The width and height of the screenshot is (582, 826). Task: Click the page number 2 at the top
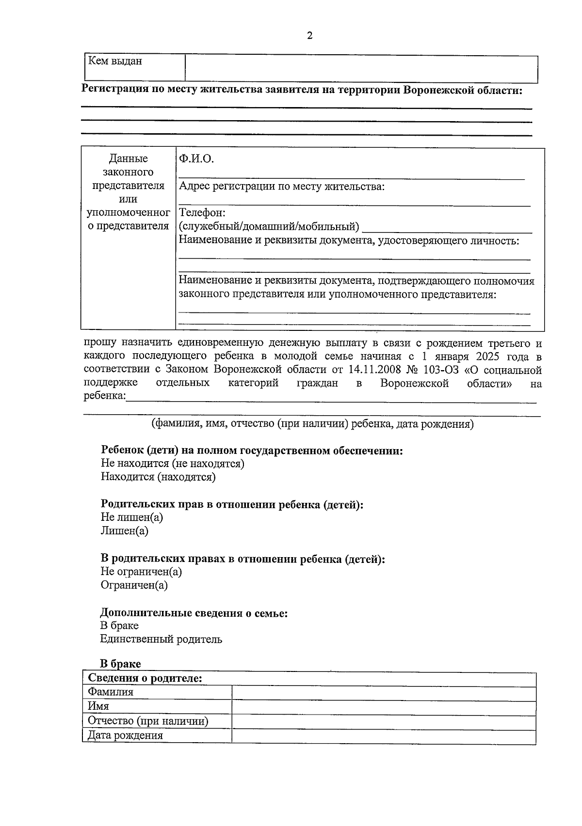click(x=309, y=36)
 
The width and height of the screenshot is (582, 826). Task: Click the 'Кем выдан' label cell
click(x=115, y=62)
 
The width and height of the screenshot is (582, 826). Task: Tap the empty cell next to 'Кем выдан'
click(x=361, y=68)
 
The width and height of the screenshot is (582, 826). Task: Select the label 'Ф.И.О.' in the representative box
click(x=196, y=159)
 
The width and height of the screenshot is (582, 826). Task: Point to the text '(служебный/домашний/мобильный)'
click(x=269, y=226)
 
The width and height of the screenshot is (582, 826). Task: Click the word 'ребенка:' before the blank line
click(x=104, y=396)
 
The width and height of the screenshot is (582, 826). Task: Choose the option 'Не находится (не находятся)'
click(x=172, y=464)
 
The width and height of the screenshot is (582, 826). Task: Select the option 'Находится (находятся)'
click(x=158, y=477)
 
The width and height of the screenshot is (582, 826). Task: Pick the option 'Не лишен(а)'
click(x=131, y=517)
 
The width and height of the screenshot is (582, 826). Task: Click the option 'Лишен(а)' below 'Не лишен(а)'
click(x=124, y=531)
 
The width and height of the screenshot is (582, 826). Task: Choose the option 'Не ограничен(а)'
click(x=141, y=572)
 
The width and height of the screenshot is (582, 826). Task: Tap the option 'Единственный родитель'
click(x=161, y=639)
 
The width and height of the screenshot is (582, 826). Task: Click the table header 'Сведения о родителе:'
click(x=145, y=679)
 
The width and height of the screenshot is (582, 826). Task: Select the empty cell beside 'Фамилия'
click(x=383, y=693)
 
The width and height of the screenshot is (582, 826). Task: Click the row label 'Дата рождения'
click(x=125, y=735)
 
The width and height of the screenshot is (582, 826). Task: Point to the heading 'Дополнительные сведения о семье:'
click(x=194, y=613)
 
